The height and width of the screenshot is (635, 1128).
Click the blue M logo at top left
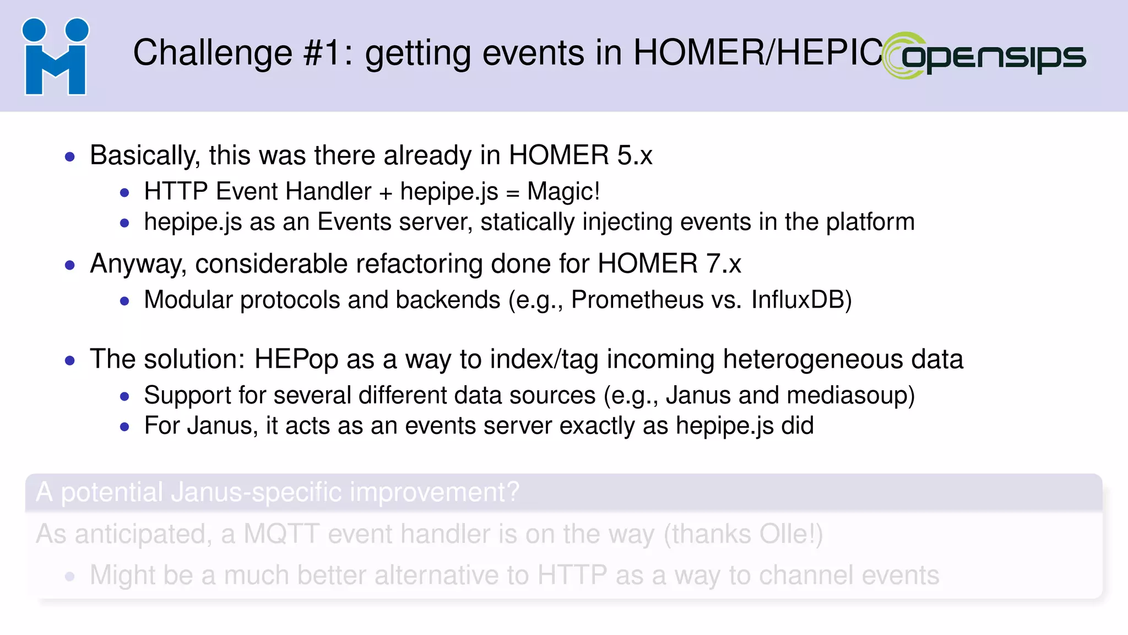(55, 57)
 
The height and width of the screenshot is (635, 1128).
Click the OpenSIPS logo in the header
(984, 56)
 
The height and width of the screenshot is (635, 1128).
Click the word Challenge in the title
(213, 53)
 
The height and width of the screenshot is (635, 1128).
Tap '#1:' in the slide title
(328, 53)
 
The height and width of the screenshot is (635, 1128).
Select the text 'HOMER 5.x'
(580, 155)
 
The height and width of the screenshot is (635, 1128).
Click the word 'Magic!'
(563, 192)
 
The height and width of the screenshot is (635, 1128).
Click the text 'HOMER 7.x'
(669, 263)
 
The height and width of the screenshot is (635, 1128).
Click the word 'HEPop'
(296, 359)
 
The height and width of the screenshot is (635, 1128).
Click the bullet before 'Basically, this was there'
(69, 157)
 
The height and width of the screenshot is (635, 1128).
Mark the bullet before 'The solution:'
(69, 361)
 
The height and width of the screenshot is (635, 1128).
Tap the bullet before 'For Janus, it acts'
(124, 427)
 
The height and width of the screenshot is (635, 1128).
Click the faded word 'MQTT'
(281, 534)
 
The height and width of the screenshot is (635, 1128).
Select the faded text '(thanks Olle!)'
(743, 534)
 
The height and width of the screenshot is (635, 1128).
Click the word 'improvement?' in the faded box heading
(435, 492)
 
